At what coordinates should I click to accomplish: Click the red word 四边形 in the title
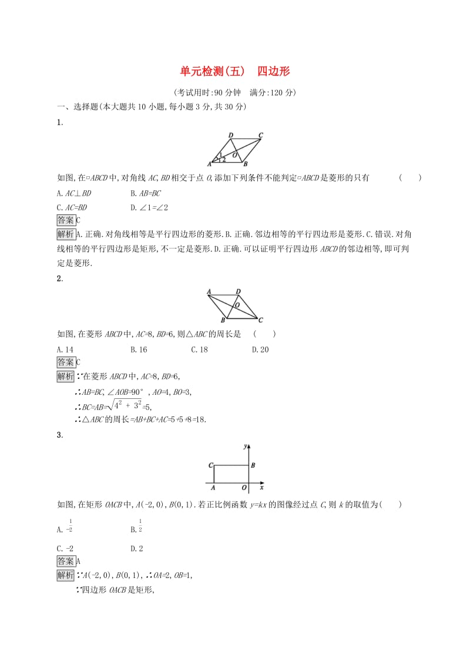[x=273, y=72]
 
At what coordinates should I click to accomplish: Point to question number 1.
[x=59, y=123]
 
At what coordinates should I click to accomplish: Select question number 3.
[x=59, y=435]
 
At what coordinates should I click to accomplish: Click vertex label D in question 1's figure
[x=231, y=135]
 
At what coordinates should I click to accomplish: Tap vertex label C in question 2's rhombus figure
[x=260, y=320]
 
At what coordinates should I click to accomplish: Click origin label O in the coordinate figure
[x=244, y=487]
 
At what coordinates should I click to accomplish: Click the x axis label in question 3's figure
[x=261, y=487]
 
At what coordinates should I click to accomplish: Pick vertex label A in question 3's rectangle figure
[x=213, y=487]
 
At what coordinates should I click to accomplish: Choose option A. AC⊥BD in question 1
[x=74, y=193]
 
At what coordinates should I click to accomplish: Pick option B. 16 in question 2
[x=139, y=349]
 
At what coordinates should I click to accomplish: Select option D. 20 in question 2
[x=260, y=349]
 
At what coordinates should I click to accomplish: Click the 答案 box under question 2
[x=65, y=362]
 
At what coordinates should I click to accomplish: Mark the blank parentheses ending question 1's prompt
[x=410, y=178]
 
